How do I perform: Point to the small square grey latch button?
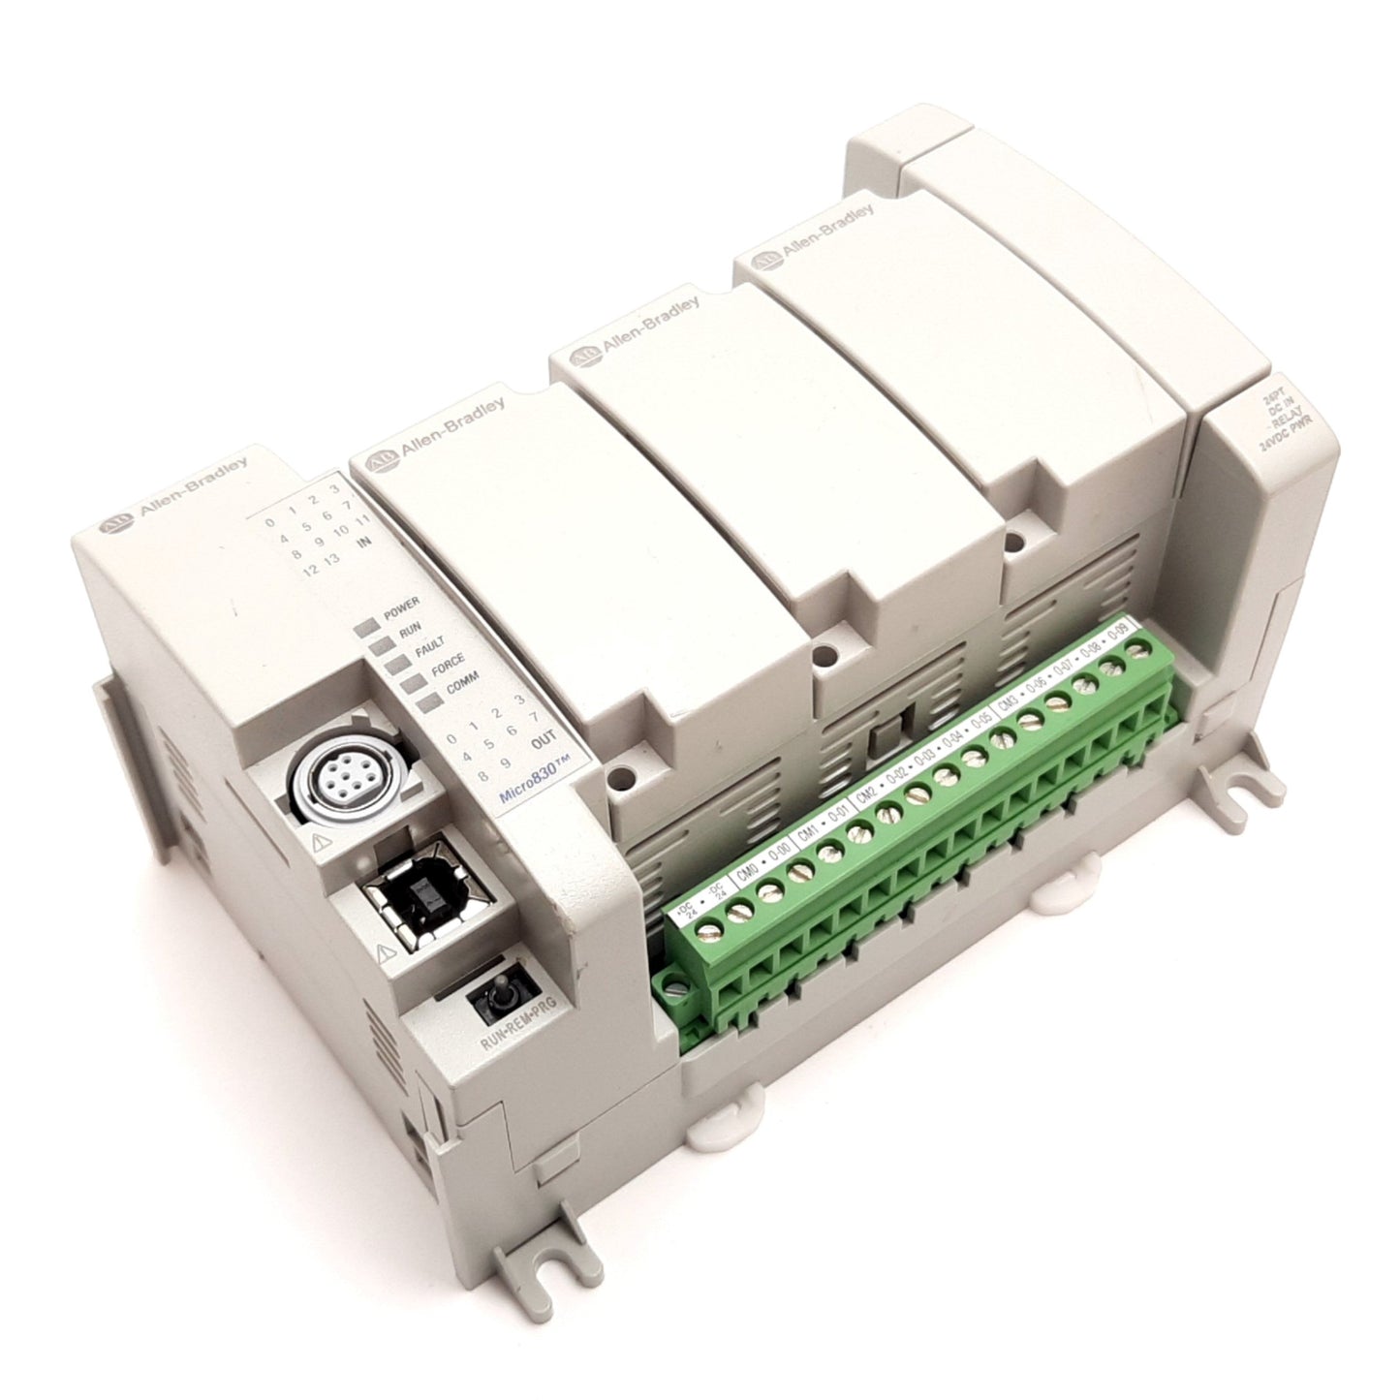point(883,743)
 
